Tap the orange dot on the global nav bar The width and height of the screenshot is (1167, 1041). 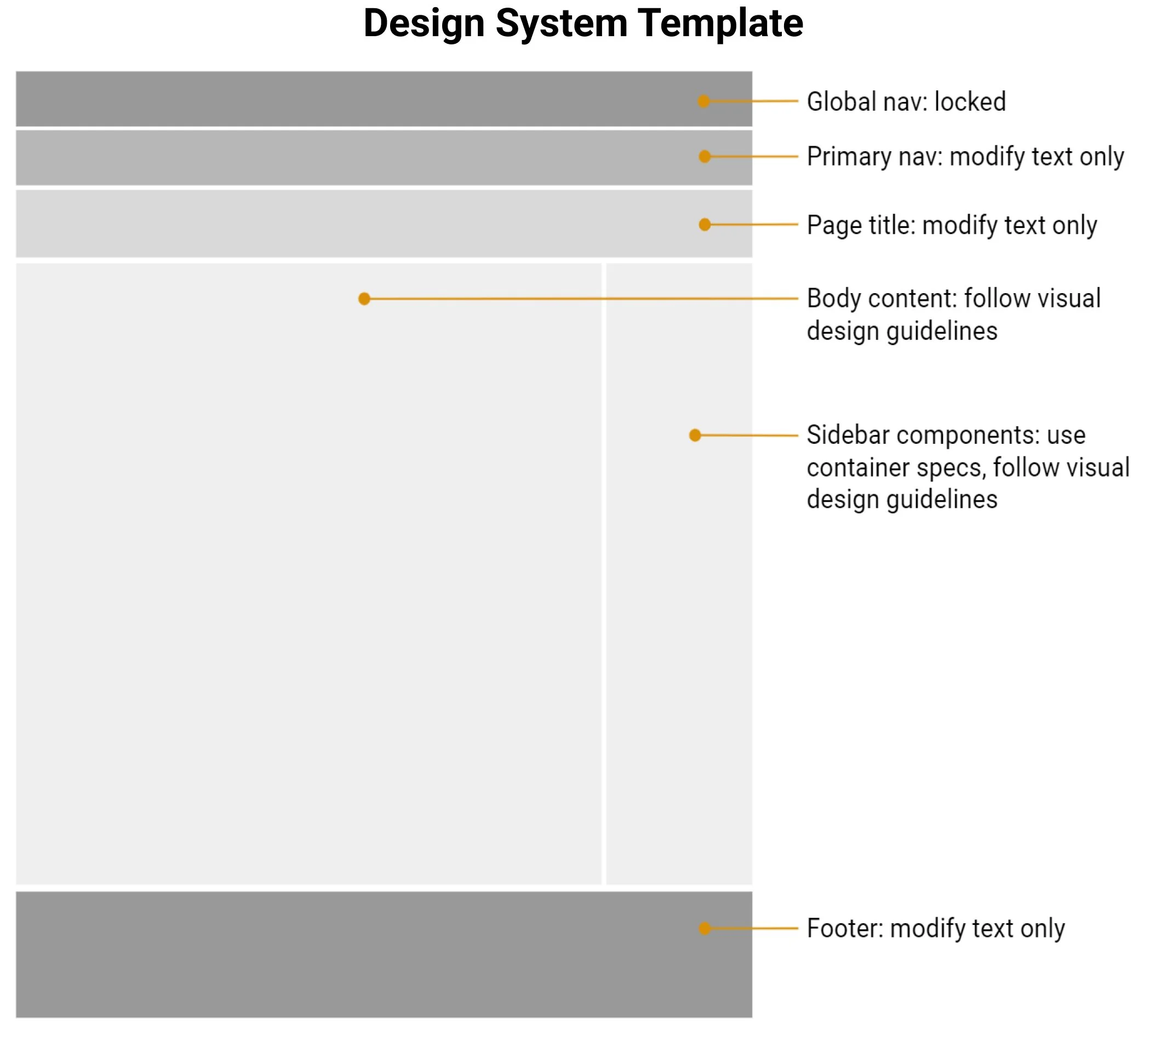pyautogui.click(x=703, y=101)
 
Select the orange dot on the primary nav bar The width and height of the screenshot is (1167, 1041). pyautogui.click(x=705, y=156)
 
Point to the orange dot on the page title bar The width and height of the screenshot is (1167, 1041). pyautogui.click(x=705, y=225)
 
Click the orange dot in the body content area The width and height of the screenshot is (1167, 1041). pyautogui.click(x=364, y=299)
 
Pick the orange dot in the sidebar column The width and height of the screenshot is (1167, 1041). pyautogui.click(x=695, y=435)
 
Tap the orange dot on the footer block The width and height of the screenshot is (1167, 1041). pyautogui.click(x=705, y=928)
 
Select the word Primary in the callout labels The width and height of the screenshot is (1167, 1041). pyautogui.click(x=845, y=157)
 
